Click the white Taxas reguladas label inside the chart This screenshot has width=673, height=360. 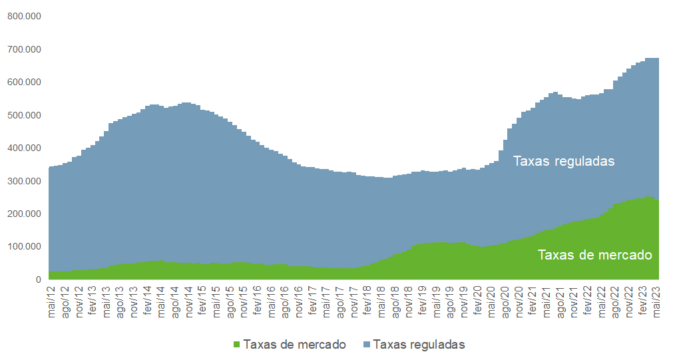[x=563, y=161]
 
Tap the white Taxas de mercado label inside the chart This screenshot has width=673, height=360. [x=594, y=255]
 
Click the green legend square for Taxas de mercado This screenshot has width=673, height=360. [x=236, y=345]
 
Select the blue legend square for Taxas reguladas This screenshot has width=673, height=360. [x=367, y=345]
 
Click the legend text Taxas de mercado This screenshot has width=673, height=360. [x=294, y=345]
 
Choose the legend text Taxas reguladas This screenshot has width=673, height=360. [x=419, y=345]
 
